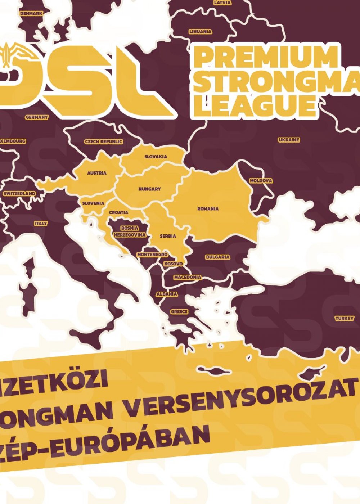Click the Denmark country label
coord(31,13)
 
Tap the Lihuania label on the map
coord(201,32)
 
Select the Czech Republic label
coord(104,142)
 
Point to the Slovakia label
coord(156,157)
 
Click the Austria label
coord(97,173)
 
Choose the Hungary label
coord(149,189)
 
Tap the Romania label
coord(208,209)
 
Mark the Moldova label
coord(261,181)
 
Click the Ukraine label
coord(289,140)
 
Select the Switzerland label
coord(19,194)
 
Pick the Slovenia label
coord(93,203)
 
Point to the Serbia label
coord(168,236)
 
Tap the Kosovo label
coord(173,264)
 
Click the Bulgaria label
coord(217,257)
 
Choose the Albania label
coord(167,294)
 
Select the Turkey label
coord(345,319)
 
